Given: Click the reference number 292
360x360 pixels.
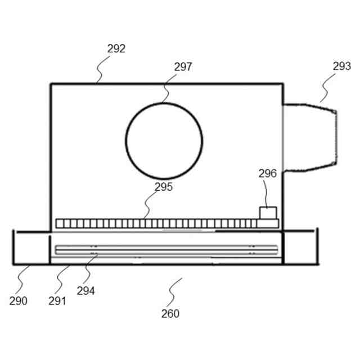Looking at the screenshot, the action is [116, 49].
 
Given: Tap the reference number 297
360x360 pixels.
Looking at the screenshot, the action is [183, 67].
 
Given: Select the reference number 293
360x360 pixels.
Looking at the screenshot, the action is [341, 66].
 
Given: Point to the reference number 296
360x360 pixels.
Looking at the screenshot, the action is [268, 173].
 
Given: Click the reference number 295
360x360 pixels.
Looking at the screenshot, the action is [164, 187].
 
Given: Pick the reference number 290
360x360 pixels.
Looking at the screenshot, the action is [19, 301].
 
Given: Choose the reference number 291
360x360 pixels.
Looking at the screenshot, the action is [57, 301].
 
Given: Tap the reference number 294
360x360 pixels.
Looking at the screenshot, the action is [85, 291].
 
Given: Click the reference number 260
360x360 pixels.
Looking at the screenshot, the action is [170, 313].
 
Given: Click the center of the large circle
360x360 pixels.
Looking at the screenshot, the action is [164, 141].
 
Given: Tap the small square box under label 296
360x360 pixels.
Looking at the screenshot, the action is [267, 213].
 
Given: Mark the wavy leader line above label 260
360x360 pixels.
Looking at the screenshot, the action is [175, 286].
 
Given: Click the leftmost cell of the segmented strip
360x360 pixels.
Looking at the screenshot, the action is [59, 223].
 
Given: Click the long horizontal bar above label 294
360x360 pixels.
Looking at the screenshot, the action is [166, 249].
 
